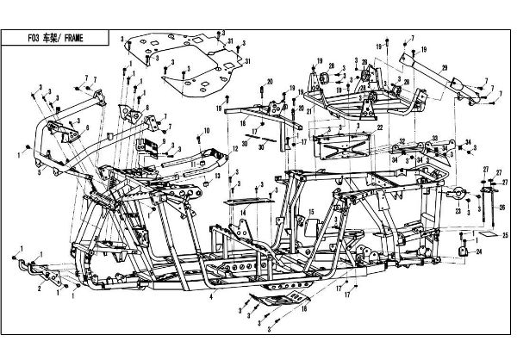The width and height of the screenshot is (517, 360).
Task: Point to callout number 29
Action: [445, 68]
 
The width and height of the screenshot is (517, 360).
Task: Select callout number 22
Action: [379, 127]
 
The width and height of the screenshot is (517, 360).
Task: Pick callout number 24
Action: [478, 251]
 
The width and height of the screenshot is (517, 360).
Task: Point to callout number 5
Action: [40, 172]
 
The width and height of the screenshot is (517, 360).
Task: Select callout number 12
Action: [234, 149]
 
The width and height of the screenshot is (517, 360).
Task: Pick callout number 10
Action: [207, 129]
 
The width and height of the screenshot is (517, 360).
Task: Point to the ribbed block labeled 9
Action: [153, 143]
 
